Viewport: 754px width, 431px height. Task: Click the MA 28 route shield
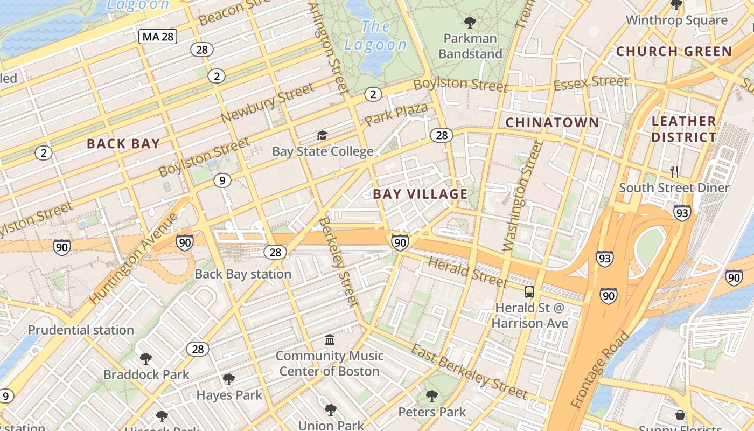click(x=158, y=37)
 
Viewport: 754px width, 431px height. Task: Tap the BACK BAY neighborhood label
click(x=123, y=144)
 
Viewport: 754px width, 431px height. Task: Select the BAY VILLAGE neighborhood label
click(x=420, y=194)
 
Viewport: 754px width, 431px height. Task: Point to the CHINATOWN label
click(x=552, y=123)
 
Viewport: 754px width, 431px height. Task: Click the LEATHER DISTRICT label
click(x=684, y=129)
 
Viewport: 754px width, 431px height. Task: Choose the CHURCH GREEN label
click(x=674, y=52)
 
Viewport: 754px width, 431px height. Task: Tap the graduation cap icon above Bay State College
click(x=322, y=135)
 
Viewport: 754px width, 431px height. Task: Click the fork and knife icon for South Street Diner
click(x=674, y=172)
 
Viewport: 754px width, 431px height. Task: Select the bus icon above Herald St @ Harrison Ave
click(x=529, y=292)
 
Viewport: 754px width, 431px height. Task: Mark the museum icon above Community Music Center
click(x=330, y=340)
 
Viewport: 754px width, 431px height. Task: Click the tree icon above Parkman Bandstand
click(x=470, y=23)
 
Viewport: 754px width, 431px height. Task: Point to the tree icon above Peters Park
click(x=431, y=397)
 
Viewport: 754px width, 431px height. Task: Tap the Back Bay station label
click(x=243, y=274)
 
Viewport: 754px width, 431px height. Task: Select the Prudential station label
click(x=81, y=330)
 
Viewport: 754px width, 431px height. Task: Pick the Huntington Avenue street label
click(x=134, y=259)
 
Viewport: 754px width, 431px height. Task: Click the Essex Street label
click(x=591, y=83)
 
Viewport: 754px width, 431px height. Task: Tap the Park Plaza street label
click(x=396, y=114)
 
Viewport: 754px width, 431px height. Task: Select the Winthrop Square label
click(x=676, y=20)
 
